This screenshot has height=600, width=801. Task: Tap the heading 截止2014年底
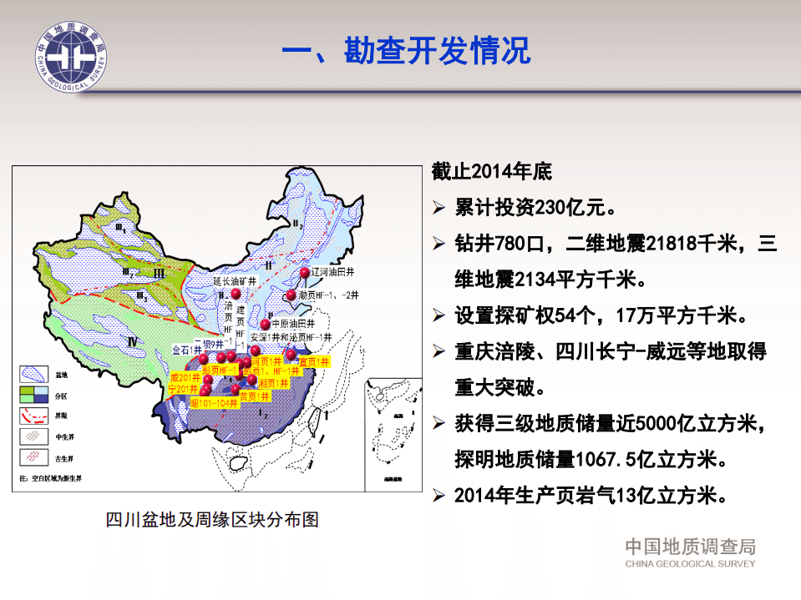pos(492,172)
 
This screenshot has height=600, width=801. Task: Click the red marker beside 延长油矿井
pos(236,295)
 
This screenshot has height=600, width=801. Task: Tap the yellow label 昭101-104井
pos(215,402)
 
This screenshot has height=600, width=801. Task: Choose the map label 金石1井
pos(187,350)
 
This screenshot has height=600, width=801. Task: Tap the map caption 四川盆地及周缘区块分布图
pos(212,519)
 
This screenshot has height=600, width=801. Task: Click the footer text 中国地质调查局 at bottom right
pos(690,547)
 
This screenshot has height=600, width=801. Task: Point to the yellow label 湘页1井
pos(273,382)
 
